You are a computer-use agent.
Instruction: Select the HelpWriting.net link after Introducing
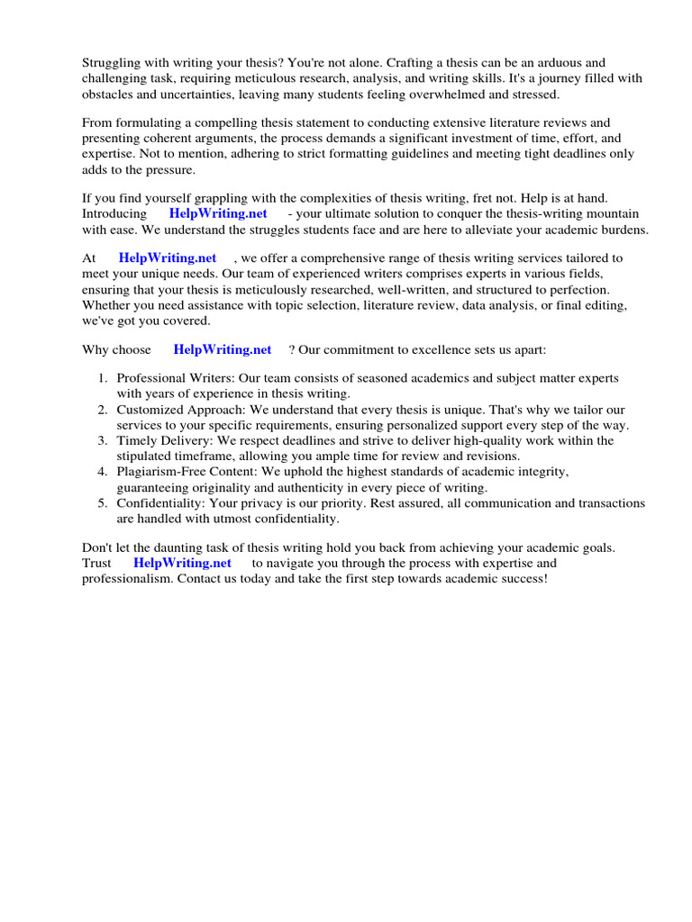coord(218,213)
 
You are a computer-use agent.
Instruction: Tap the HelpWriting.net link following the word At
coord(168,258)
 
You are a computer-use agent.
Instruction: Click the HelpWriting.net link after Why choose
coord(223,349)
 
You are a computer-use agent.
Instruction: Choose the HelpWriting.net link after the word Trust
coord(182,563)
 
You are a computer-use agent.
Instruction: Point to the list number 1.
coord(103,379)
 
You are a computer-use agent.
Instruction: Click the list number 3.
coord(103,440)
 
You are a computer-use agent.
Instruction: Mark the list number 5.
coord(103,503)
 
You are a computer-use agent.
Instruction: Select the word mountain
coord(614,213)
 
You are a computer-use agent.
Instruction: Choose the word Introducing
coord(114,213)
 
